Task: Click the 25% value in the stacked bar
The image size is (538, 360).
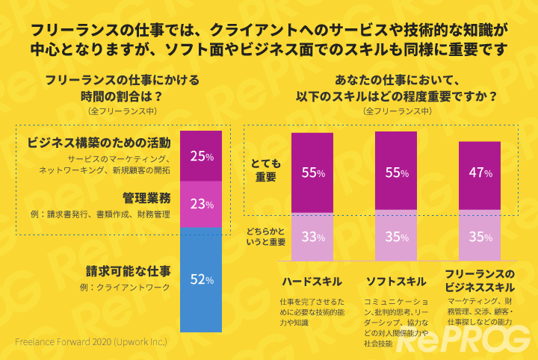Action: [202, 157]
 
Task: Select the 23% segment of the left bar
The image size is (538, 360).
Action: [202, 203]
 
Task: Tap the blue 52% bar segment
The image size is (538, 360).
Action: [202, 280]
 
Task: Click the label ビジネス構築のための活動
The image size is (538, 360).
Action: [99, 142]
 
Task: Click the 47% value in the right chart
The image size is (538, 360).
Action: [480, 173]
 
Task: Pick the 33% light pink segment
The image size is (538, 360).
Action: [312, 238]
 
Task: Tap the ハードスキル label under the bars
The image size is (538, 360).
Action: [312, 282]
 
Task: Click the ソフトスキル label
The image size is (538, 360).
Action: [396, 282]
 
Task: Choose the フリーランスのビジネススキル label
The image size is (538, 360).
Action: [480, 280]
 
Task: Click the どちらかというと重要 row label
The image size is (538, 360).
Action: [266, 236]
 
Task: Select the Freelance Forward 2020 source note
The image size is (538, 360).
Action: [90, 341]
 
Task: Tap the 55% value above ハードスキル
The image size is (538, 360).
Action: [312, 173]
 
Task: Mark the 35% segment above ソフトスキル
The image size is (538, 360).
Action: [396, 238]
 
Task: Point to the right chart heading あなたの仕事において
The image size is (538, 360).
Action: [396, 81]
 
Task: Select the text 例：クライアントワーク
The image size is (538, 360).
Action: [130, 288]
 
